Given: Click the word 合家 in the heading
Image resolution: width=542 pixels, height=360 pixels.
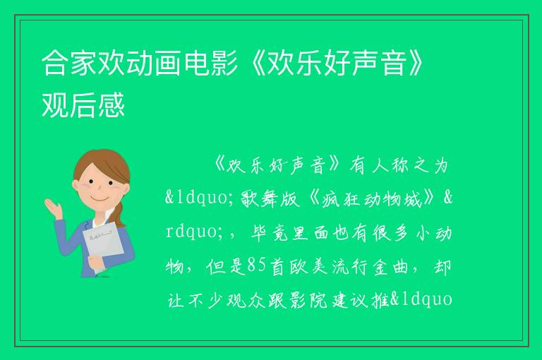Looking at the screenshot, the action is click(69, 63).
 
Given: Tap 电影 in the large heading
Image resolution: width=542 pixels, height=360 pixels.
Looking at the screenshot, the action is click(210, 63).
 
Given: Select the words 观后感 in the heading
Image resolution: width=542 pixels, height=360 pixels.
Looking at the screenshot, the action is click(83, 104).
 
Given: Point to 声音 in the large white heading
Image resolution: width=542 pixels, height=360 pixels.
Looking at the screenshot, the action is click(380, 63).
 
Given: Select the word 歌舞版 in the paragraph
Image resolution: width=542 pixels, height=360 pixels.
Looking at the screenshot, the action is click(270, 199).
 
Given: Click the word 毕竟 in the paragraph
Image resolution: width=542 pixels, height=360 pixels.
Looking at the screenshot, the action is click(270, 232).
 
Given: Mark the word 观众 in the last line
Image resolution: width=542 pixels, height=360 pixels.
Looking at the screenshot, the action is click(246, 299).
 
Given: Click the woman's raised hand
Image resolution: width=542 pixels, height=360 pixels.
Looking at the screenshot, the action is click(54, 208).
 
